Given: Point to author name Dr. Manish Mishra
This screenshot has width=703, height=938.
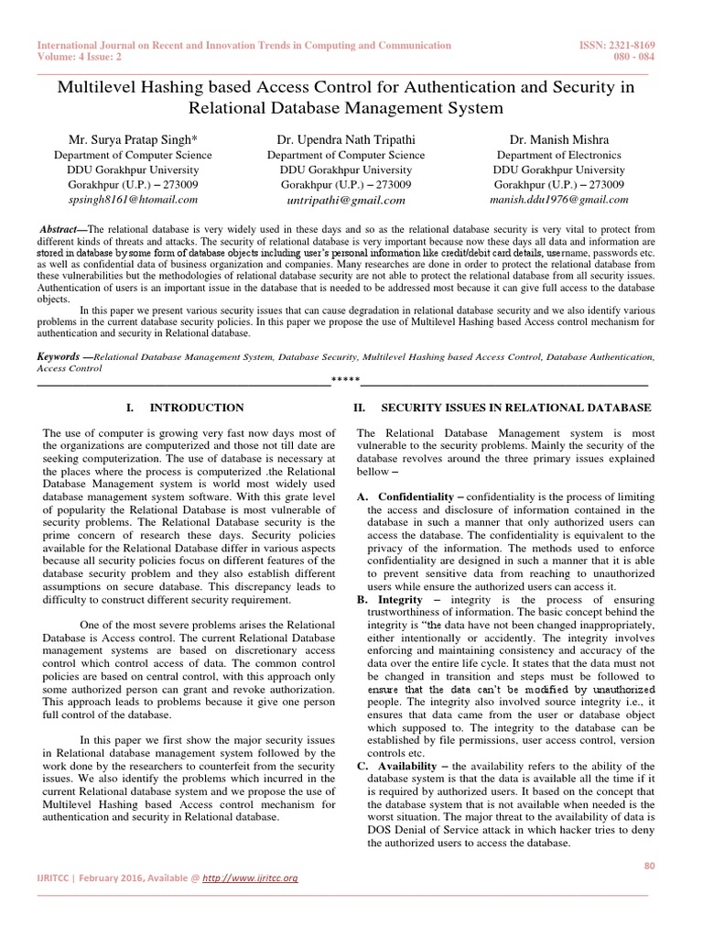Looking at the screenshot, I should (558, 140).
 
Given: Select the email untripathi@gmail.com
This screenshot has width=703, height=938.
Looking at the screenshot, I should (345, 200).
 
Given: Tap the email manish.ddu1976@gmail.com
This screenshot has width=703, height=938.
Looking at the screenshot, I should (559, 199).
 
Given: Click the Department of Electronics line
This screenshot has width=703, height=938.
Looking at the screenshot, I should (558, 156).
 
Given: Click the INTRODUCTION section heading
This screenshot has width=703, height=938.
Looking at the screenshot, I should (196, 408).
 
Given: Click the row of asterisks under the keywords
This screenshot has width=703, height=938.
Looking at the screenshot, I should (345, 380).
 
